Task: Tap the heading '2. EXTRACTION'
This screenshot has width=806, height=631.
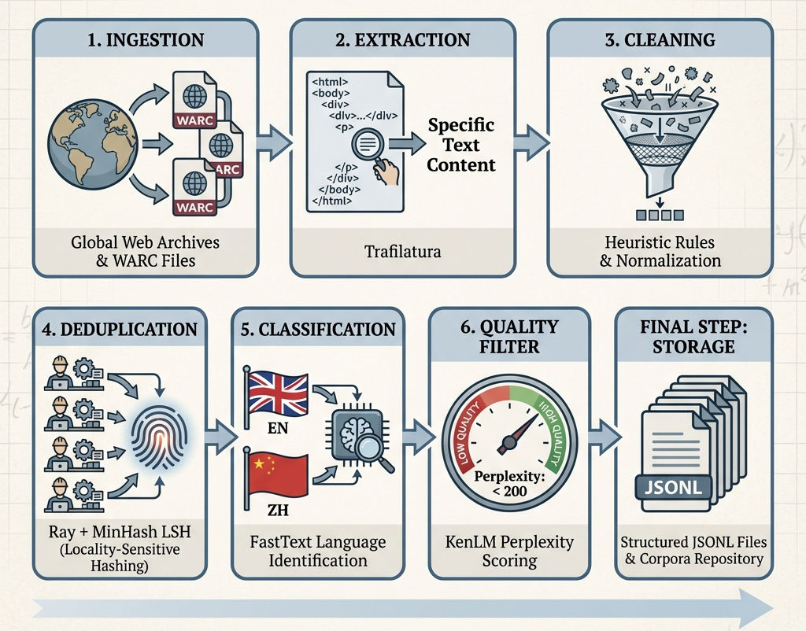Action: tap(401, 40)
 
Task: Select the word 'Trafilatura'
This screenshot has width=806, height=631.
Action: tap(401, 252)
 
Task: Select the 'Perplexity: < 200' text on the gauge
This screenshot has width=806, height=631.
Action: tap(507, 483)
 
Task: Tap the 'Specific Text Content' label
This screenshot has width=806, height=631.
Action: tap(461, 145)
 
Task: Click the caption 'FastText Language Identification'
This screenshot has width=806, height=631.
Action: tap(318, 551)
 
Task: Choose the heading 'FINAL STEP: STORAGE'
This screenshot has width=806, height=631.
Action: tap(693, 336)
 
